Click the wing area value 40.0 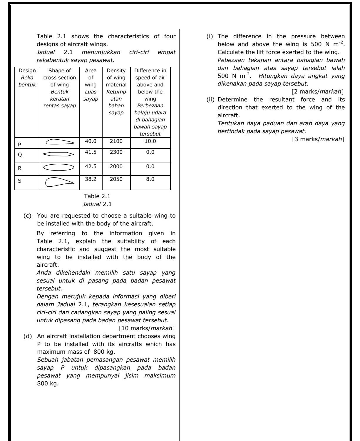91,141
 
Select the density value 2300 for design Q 116,152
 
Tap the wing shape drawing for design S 60,182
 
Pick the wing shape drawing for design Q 59,154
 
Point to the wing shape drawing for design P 60,142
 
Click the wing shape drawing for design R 59,167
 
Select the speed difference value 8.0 150,179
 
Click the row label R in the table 20,168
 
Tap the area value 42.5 91,166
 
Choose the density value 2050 116,179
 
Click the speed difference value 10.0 150,141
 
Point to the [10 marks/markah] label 147,328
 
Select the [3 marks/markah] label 318,139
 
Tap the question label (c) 27,216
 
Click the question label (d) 27,336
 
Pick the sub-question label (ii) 211,100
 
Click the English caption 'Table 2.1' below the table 97,196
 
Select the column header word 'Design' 27,71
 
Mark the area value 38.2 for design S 91,179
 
